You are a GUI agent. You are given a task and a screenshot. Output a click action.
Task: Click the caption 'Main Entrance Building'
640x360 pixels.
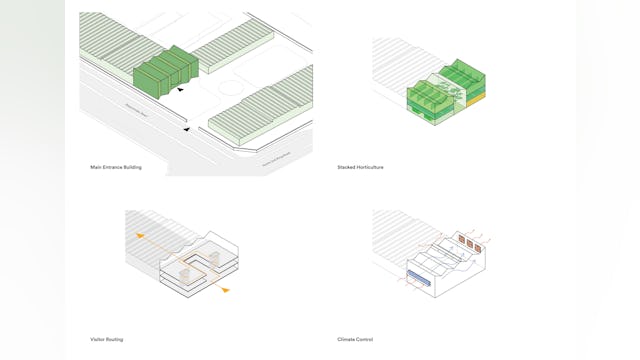tap(116, 167)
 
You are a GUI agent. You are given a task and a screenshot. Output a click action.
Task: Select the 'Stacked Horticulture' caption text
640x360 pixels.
tap(360, 167)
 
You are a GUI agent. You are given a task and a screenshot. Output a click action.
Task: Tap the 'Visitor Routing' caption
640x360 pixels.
tap(107, 340)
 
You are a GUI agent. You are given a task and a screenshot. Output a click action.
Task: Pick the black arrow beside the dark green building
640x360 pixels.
tap(180, 90)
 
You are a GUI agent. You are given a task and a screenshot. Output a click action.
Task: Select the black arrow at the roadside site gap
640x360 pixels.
tap(186, 128)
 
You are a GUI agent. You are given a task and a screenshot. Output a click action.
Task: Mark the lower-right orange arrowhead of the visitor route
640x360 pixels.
tap(225, 290)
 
